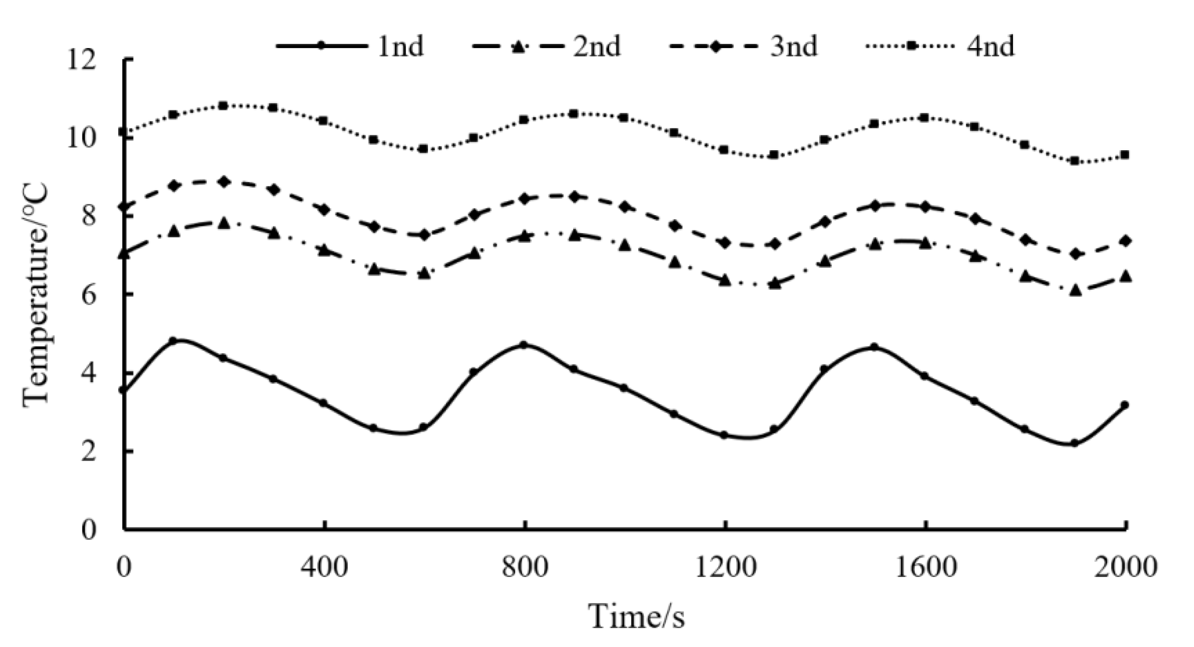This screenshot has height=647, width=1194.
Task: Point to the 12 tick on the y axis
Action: point(82,60)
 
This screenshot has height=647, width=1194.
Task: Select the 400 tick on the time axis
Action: point(324,567)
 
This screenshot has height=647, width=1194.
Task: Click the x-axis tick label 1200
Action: point(725,567)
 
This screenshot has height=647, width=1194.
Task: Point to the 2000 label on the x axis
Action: point(1125,567)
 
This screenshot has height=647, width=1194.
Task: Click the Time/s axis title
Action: point(637,616)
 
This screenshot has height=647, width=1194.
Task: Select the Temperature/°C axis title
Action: point(36,295)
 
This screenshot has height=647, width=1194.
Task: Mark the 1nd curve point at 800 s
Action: point(524,345)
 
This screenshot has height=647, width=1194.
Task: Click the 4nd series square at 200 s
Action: point(223,106)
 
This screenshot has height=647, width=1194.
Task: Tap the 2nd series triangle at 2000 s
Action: point(1125,276)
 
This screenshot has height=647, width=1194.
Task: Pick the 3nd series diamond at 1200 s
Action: point(724,243)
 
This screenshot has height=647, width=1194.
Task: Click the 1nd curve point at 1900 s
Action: point(1074,443)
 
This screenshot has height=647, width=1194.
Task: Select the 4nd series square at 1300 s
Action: point(774,155)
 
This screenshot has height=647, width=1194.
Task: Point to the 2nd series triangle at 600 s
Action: point(423,274)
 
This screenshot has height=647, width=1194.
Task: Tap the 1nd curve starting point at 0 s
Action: point(123,390)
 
